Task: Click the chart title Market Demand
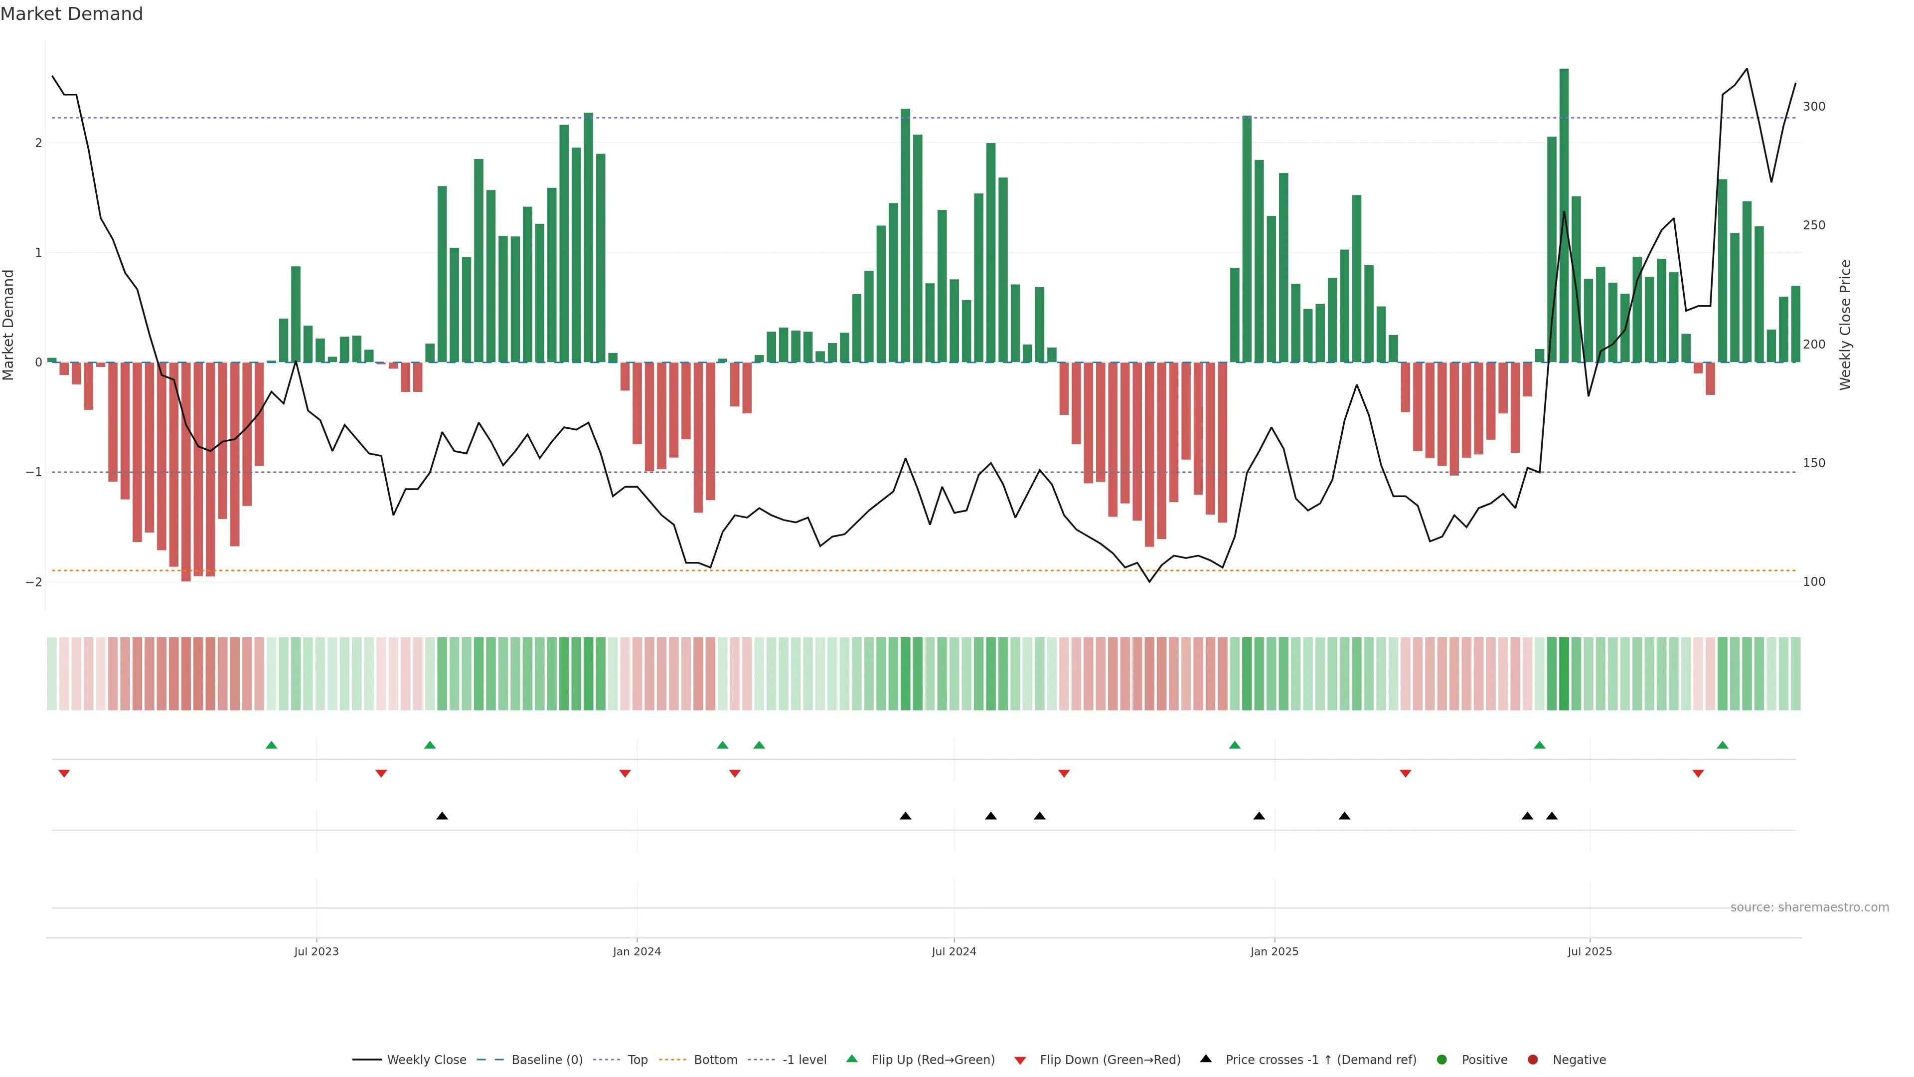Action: [71, 14]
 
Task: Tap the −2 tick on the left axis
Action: [34, 582]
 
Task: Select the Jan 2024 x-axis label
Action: [637, 951]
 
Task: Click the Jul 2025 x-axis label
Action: [1590, 951]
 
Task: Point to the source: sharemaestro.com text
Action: [1809, 907]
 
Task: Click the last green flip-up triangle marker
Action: [1722, 745]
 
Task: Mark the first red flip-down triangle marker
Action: [64, 774]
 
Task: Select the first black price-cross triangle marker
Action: [442, 816]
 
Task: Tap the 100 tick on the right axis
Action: [1814, 582]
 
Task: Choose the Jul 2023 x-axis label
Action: [317, 951]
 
